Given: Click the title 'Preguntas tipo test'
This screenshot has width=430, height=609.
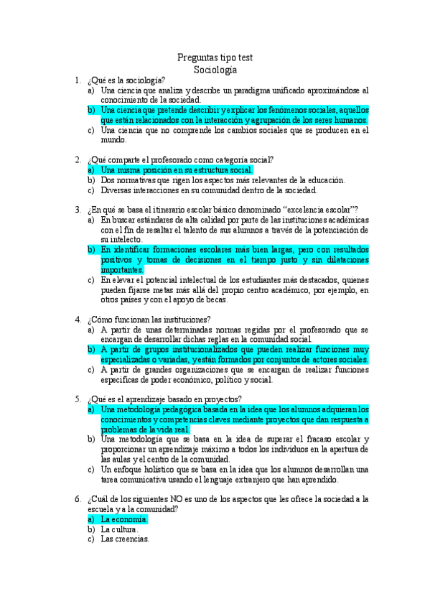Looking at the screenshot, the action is click(215, 58).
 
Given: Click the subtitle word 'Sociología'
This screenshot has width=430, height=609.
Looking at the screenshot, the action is click(215, 70).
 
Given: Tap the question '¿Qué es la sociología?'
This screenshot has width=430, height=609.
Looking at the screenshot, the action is click(126, 80).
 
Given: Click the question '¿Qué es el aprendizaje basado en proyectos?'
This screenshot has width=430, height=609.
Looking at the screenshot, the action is click(164, 399).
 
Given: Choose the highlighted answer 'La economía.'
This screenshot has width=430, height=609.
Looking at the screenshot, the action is click(124, 519).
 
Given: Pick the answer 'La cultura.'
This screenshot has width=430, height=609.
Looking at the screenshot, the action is click(119, 529).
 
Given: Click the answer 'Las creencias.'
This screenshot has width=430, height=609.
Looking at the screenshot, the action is click(125, 539).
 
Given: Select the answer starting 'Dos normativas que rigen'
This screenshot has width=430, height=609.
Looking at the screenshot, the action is click(223, 180).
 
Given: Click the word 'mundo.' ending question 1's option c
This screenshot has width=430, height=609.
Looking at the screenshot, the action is click(113, 141).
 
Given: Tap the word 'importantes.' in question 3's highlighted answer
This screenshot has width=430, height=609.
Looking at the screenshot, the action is click(122, 269).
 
